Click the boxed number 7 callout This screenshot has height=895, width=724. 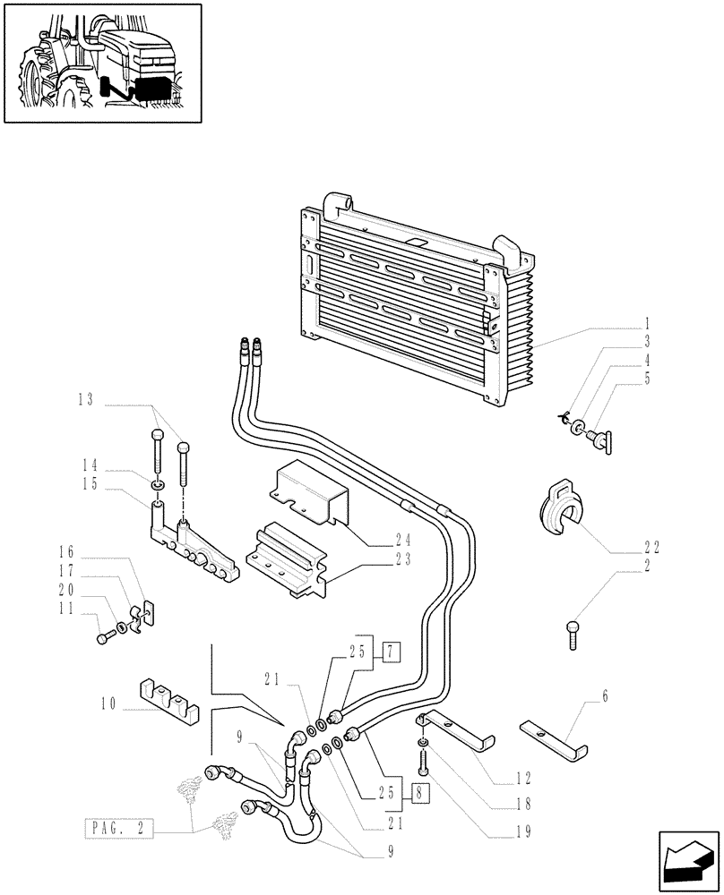pos(390,652)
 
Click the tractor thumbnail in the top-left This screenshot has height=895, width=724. pos(102,63)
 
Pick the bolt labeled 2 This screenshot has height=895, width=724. pos(573,634)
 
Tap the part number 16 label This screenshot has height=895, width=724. pos(91,551)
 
